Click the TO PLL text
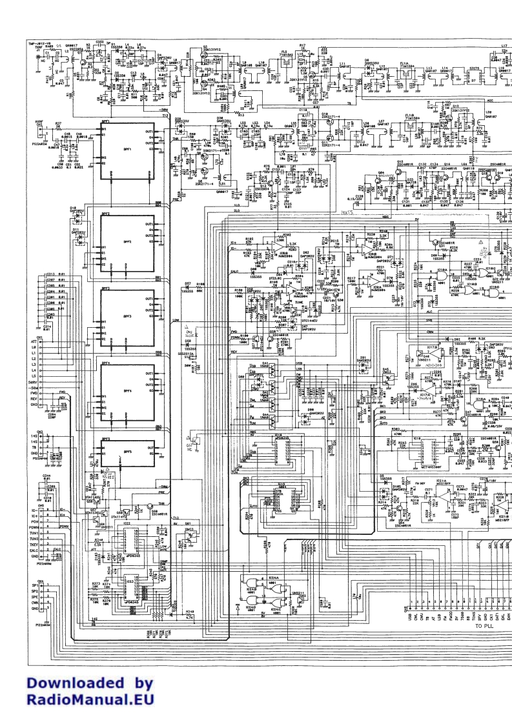pos(487,626)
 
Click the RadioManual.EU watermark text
pos(90,698)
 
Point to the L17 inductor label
pos(504,46)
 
